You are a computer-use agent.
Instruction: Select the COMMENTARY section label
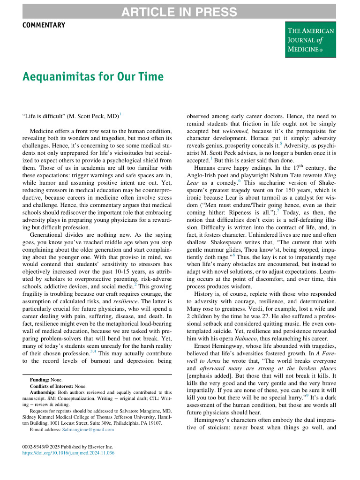[x=44, y=25]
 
